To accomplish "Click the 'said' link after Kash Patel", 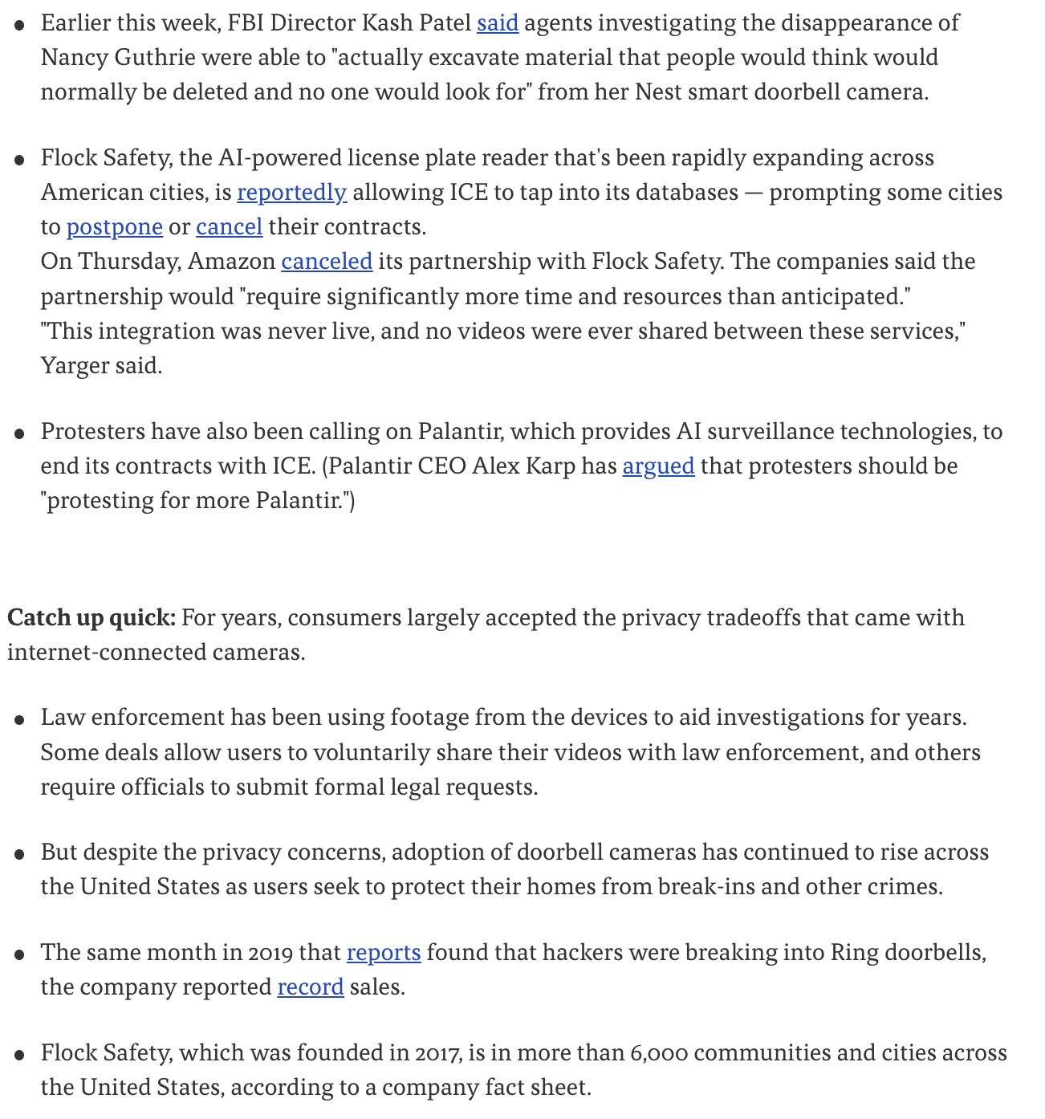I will click(498, 22).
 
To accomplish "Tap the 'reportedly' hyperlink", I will click(291, 193).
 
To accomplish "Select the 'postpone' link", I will click(115, 227).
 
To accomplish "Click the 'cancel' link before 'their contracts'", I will click(230, 227).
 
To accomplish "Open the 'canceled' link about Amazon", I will click(327, 262).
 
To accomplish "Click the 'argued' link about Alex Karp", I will click(658, 466).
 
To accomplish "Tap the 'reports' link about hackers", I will click(384, 953).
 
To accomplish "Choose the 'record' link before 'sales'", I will click(311, 987).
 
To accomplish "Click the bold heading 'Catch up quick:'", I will click(91, 618).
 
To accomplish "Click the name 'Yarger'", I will click(74, 366).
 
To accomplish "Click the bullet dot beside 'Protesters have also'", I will click(19, 434).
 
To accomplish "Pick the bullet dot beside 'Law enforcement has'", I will click(19, 720).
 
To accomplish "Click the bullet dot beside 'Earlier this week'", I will click(19, 26).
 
